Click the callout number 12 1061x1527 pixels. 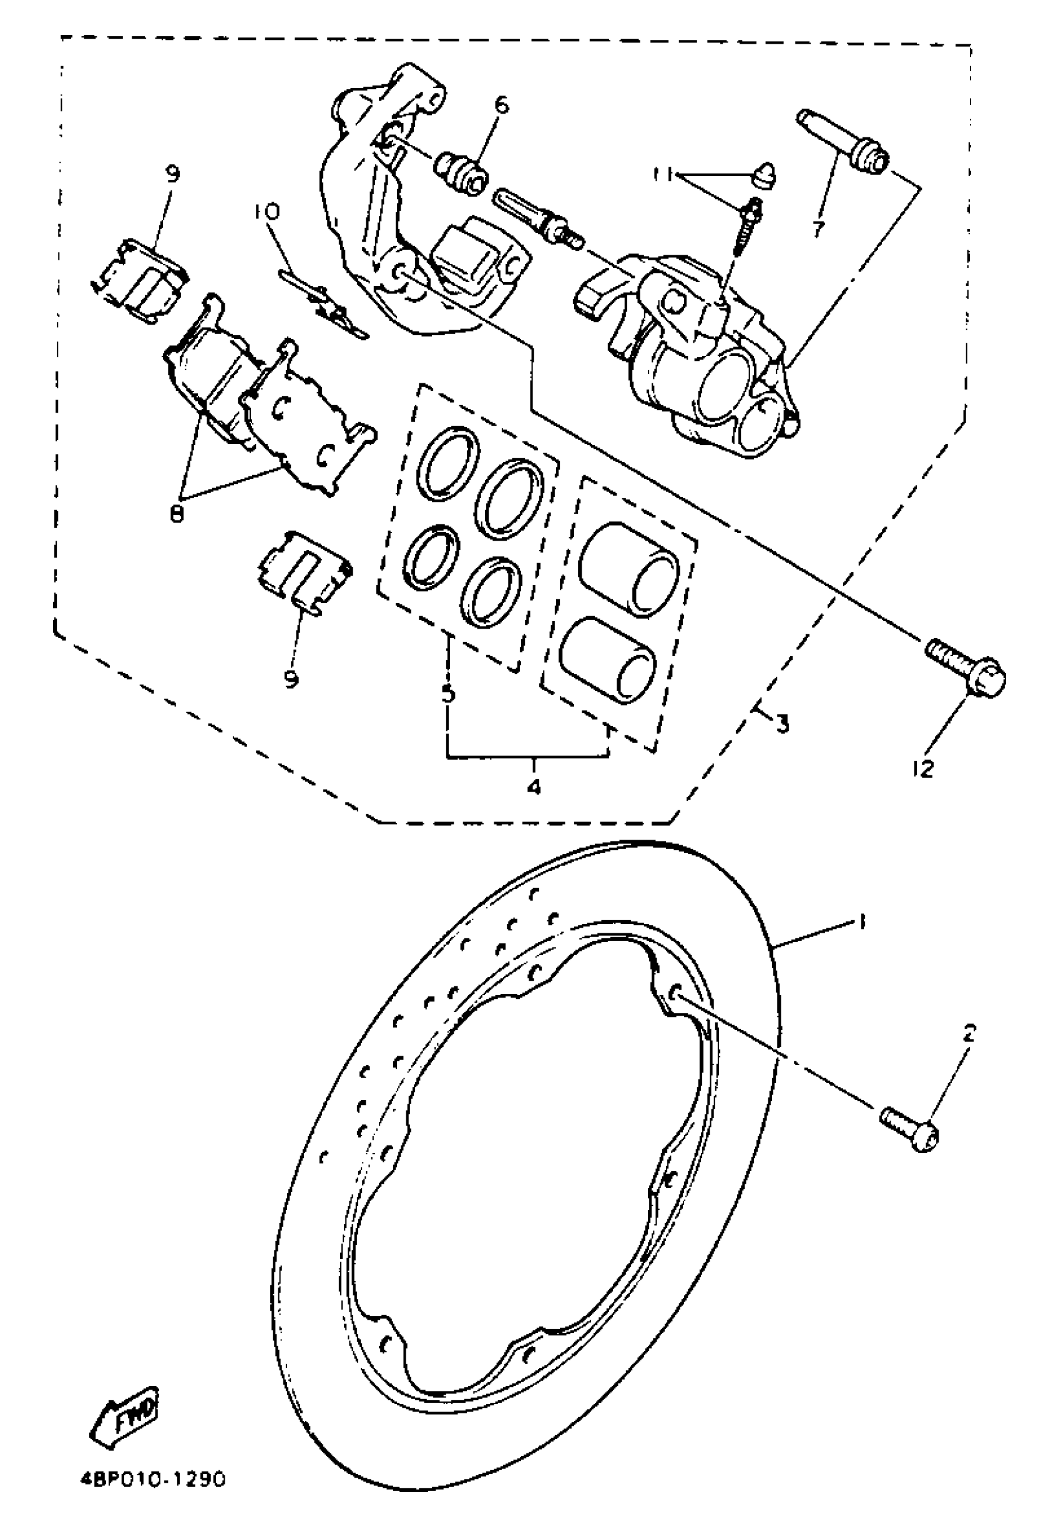(x=924, y=768)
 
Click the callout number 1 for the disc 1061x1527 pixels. (x=863, y=923)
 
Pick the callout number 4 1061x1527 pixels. (x=533, y=787)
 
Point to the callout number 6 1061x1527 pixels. (x=501, y=105)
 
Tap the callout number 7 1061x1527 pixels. (x=817, y=229)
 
